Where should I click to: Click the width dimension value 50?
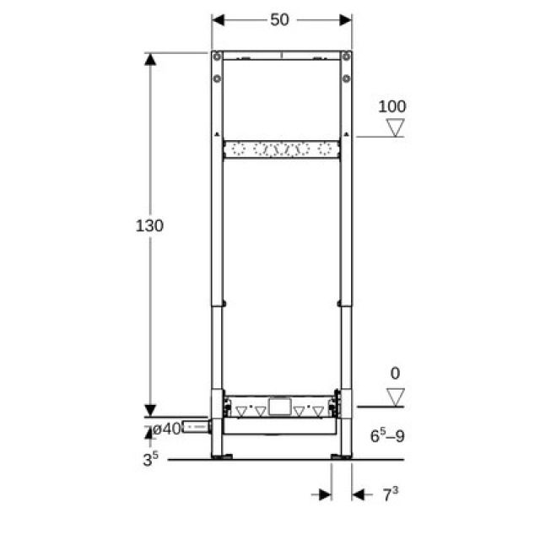(280, 19)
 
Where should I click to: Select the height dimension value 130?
(149, 226)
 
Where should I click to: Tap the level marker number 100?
(391, 106)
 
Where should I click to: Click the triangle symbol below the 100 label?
(395, 127)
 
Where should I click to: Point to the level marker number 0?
(394, 372)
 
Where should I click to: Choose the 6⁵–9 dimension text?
(387, 436)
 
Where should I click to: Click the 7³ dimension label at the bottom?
(389, 494)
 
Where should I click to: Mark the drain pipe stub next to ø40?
(196, 428)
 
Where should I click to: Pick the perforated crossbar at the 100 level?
(281, 150)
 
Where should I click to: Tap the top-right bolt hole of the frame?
(345, 57)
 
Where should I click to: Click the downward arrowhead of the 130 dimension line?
(150, 409)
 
